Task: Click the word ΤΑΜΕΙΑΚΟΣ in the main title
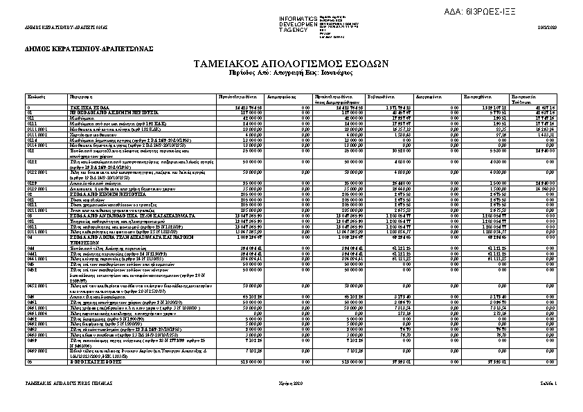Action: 228,63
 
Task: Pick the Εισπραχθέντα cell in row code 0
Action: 494,108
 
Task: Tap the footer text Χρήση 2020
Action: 291,382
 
